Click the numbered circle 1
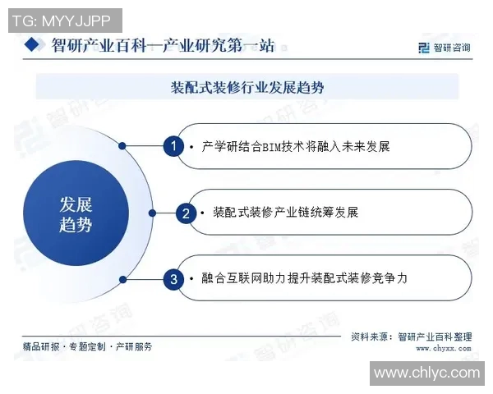(x=173, y=146)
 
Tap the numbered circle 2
(x=187, y=213)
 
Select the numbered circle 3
(x=173, y=279)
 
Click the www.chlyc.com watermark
(x=426, y=373)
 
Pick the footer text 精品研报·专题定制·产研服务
(x=88, y=347)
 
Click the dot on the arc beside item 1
(x=122, y=146)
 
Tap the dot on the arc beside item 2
(x=152, y=213)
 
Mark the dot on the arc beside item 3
(x=122, y=279)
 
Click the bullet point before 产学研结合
(x=191, y=147)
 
